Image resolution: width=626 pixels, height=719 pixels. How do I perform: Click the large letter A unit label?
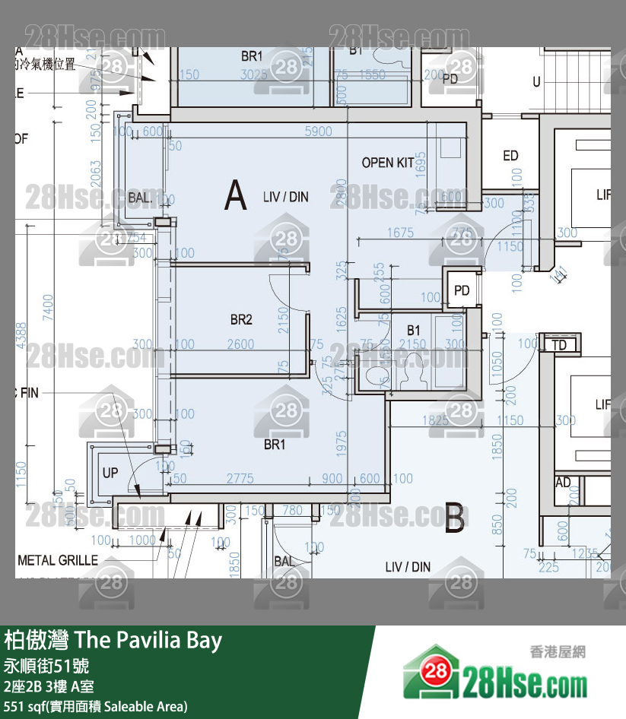236,196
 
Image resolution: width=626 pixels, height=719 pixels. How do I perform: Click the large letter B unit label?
454,518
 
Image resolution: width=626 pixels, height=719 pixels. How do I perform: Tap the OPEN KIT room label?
388,163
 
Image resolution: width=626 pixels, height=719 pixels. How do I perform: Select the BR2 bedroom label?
241,320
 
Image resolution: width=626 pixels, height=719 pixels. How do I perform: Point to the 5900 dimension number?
318,131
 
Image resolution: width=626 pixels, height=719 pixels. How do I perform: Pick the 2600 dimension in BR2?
240,344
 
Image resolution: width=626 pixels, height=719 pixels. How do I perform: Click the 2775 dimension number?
240,478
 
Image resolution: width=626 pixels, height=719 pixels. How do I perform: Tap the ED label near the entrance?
510,156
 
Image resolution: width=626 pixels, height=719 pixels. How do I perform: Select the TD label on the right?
559,345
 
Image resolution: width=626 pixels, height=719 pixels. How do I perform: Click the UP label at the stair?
110,473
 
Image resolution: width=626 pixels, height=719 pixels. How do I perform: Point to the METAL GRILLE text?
58,560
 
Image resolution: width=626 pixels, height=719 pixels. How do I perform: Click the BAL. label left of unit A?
141,198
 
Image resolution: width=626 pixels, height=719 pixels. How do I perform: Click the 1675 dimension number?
400,233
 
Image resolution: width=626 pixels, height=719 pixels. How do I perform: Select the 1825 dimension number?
434,420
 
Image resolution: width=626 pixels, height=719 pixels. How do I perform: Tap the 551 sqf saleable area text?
95,707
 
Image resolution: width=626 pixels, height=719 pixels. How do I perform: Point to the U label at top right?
536,81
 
